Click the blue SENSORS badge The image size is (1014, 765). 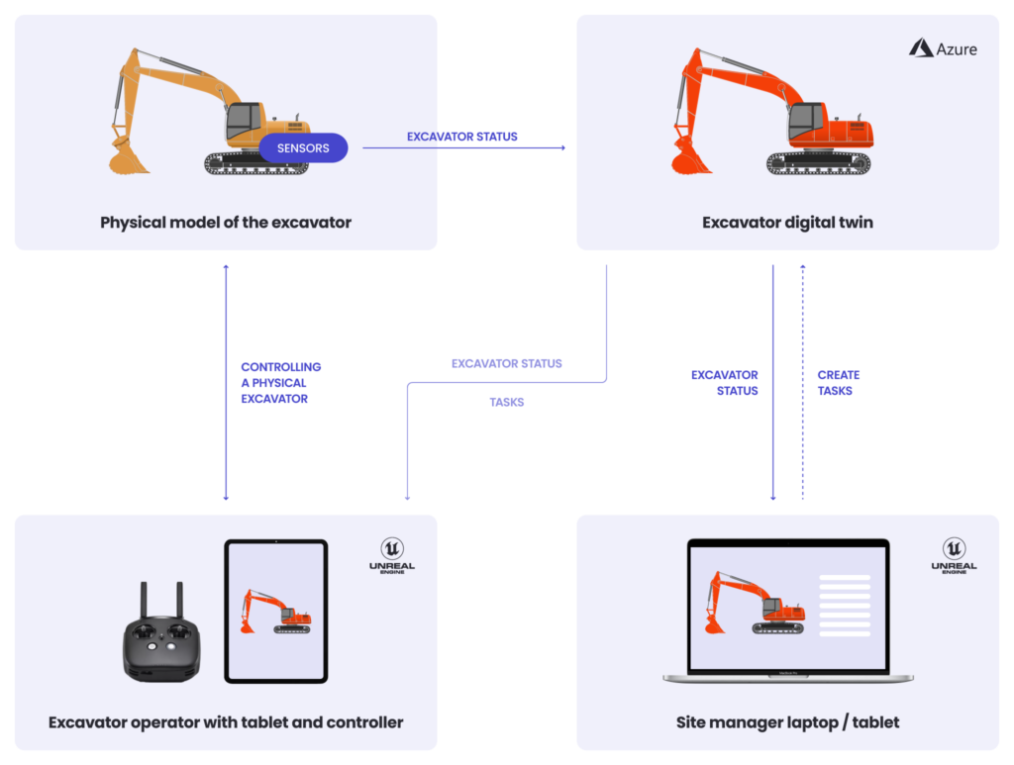point(303,148)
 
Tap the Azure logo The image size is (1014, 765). point(943,48)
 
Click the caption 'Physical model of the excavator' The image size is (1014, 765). point(226,222)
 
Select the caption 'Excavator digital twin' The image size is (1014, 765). point(787,222)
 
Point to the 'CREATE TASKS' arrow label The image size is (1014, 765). point(838,383)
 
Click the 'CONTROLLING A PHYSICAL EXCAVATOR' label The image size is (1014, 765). point(280,383)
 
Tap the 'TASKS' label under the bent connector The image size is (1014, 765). point(506,403)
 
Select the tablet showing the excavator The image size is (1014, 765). point(275,611)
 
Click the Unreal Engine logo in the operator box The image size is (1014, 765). point(392,555)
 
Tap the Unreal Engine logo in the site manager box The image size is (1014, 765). point(954,555)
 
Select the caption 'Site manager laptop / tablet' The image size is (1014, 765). point(787,721)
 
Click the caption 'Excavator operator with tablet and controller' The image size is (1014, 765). point(226,721)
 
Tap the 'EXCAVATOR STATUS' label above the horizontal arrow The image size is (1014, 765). point(461,137)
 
